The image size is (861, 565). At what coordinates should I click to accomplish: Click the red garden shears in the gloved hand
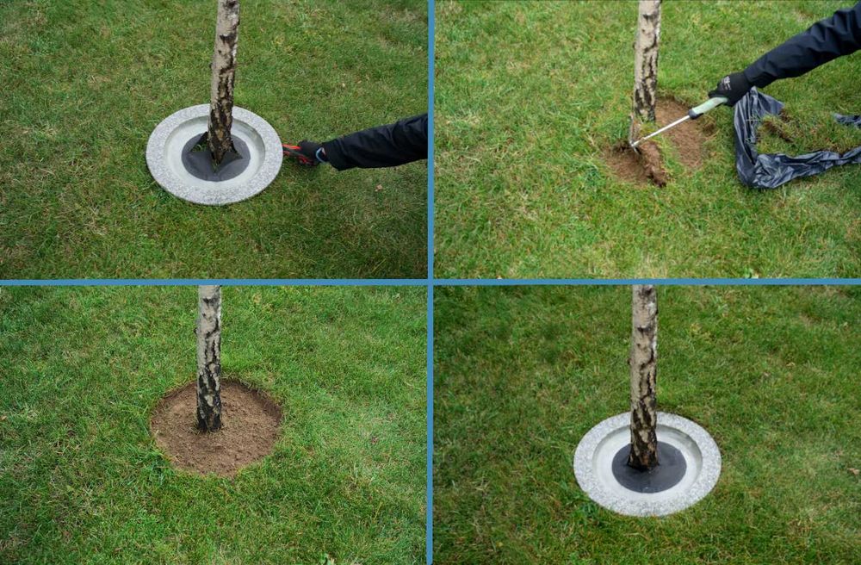(x=294, y=152)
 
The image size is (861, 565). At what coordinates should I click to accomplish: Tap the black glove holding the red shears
(x=312, y=152)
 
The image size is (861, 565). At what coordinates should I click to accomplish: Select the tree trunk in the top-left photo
(x=223, y=69)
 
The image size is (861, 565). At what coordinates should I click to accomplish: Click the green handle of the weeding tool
(x=706, y=107)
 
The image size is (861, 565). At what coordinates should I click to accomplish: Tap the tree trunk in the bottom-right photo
(x=643, y=370)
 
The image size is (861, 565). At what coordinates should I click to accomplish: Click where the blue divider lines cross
(x=430, y=282)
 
